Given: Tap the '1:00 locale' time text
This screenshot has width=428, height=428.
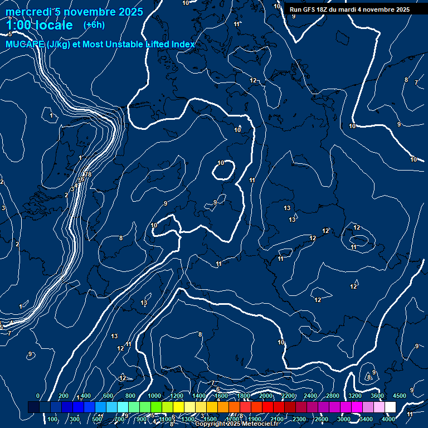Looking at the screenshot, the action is (x=40, y=26).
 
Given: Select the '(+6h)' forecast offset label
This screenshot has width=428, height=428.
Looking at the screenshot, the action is (x=94, y=25).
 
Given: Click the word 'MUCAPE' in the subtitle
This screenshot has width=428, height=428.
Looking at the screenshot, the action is (x=25, y=45).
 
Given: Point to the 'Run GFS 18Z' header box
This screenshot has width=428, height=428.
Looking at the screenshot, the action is (x=349, y=9).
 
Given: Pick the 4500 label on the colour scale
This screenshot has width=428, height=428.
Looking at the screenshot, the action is (x=399, y=396).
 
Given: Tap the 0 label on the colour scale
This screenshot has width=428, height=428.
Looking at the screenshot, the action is (x=38, y=396).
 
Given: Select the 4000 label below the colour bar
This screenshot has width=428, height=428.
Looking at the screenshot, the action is (x=388, y=419).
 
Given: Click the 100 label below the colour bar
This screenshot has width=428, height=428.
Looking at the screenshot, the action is (x=53, y=419).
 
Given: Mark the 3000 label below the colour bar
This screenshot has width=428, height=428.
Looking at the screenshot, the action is (x=344, y=419).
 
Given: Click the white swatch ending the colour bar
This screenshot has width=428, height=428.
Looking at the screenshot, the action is (x=390, y=407).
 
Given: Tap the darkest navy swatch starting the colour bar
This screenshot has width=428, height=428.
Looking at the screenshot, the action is (x=33, y=407).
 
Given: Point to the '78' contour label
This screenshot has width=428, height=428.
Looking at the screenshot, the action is (x=87, y=175).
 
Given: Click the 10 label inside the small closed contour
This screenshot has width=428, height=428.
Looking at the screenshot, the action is (x=221, y=163).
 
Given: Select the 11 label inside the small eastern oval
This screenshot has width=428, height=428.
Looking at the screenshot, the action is (x=353, y=247).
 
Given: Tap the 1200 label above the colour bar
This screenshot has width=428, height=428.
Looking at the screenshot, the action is (x=177, y=396).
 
